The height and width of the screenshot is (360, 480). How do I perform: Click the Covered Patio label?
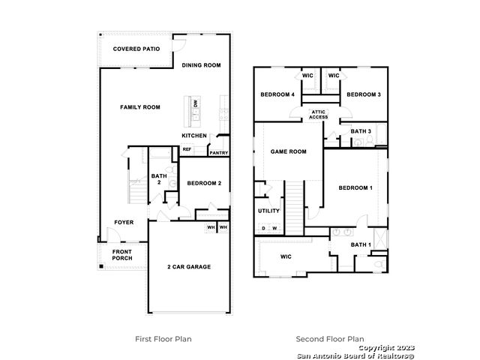[x=136, y=49]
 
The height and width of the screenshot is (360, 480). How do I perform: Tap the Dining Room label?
[x=201, y=65]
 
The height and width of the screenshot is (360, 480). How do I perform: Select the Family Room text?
[x=140, y=107]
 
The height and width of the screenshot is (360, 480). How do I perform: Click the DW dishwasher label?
[x=196, y=103]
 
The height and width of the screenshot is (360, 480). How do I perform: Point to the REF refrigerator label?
[x=187, y=149]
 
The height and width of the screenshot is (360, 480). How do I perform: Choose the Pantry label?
[x=219, y=153]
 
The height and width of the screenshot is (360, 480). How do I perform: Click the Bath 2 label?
[x=159, y=179]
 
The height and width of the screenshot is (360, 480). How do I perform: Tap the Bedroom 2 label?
[x=204, y=183]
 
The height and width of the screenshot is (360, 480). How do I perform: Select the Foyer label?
[x=124, y=223]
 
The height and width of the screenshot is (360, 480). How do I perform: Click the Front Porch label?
[x=122, y=255]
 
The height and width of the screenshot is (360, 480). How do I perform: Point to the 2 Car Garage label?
[x=189, y=267]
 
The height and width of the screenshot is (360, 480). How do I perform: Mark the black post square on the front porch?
[x=101, y=267]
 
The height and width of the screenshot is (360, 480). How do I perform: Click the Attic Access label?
[x=318, y=115]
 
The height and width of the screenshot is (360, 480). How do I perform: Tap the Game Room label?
[x=288, y=151]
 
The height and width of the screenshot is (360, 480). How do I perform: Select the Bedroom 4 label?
[x=277, y=94]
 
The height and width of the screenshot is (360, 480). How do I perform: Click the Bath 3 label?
[x=361, y=131]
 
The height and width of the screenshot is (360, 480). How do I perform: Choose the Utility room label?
[x=268, y=211]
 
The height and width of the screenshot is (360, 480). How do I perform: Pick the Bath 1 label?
[x=361, y=245]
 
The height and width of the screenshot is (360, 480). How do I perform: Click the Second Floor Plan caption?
[x=330, y=339]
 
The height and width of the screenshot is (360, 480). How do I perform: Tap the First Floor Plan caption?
[x=163, y=339]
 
